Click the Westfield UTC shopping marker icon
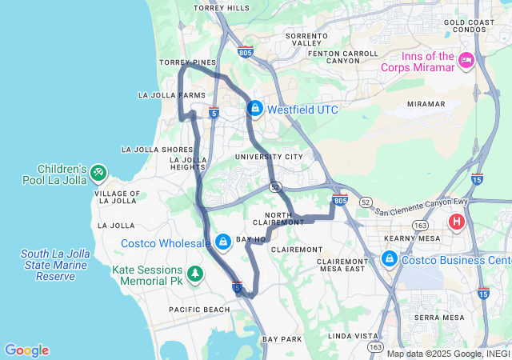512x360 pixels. [254, 108]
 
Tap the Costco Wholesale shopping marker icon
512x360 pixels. [222, 242]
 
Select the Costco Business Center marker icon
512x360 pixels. [390, 259]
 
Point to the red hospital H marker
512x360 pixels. [457, 222]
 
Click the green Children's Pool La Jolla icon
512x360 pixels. [98, 172]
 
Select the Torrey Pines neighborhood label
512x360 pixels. [187, 62]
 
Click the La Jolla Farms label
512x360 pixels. [172, 95]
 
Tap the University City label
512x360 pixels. [270, 157]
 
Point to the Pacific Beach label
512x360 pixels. [200, 310]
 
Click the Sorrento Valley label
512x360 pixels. [307, 40]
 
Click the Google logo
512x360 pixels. [26, 350]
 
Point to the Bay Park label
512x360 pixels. [282, 339]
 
